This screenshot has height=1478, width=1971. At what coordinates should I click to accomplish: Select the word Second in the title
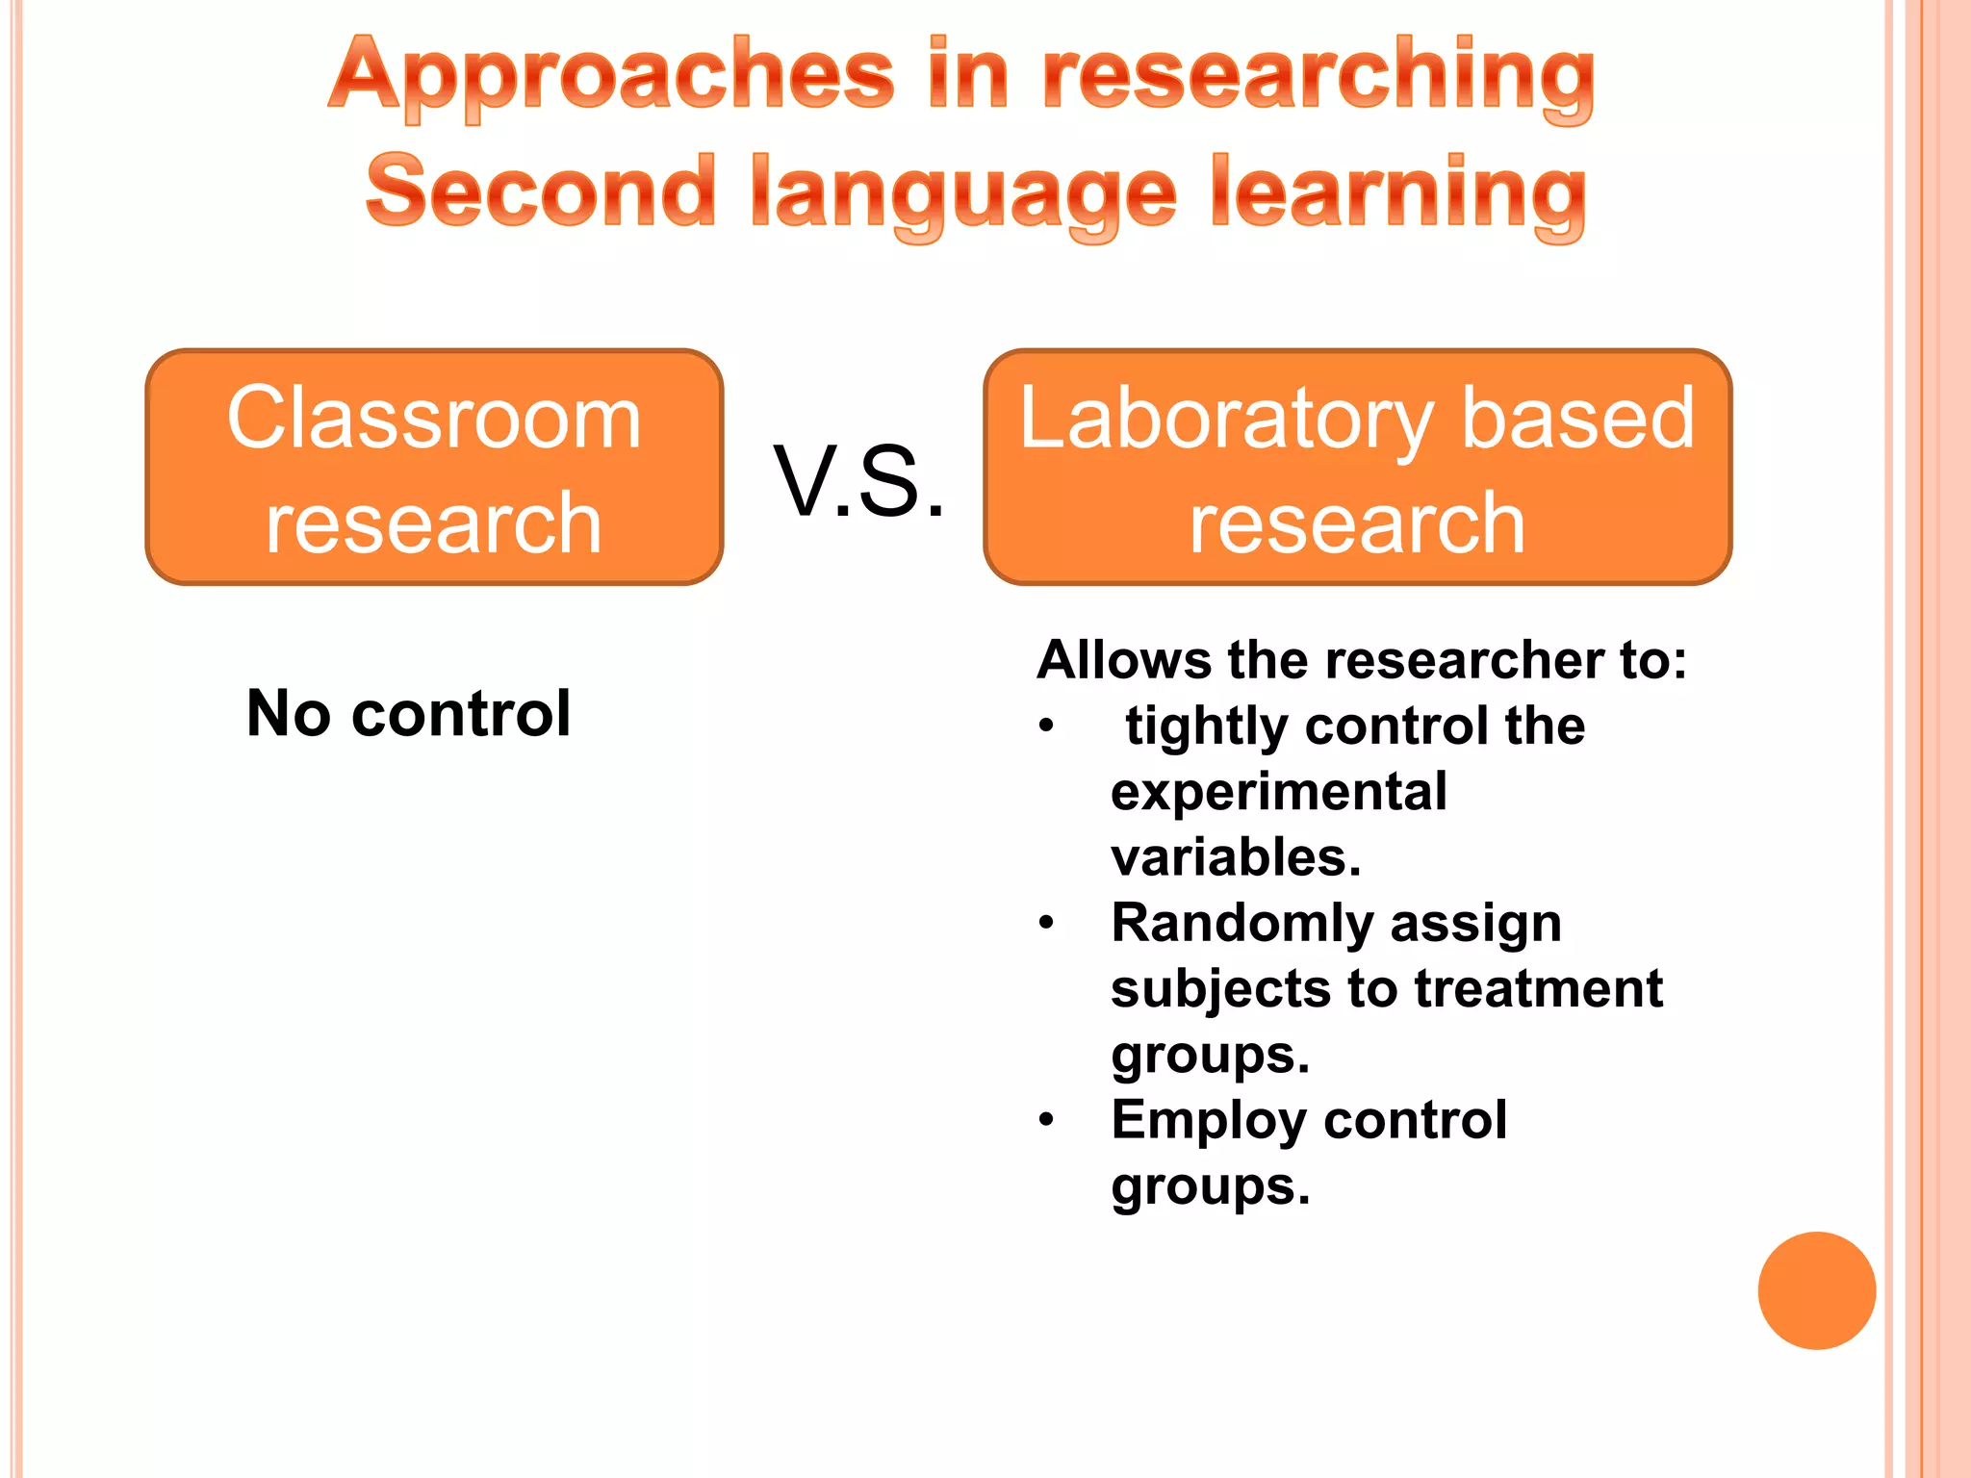[x=540, y=191]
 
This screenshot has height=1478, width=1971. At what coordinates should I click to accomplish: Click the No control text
[x=408, y=714]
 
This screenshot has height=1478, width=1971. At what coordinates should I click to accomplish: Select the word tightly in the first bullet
[x=1208, y=726]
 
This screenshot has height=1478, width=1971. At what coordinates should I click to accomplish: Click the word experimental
[x=1278, y=792]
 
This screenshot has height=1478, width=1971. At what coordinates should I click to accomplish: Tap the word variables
[x=1236, y=856]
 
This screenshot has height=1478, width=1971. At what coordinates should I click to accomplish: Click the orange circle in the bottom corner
[x=1816, y=1290]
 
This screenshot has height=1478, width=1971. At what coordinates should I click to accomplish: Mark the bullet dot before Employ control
[x=1047, y=1120]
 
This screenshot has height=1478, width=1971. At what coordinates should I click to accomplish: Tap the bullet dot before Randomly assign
[x=1047, y=924]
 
